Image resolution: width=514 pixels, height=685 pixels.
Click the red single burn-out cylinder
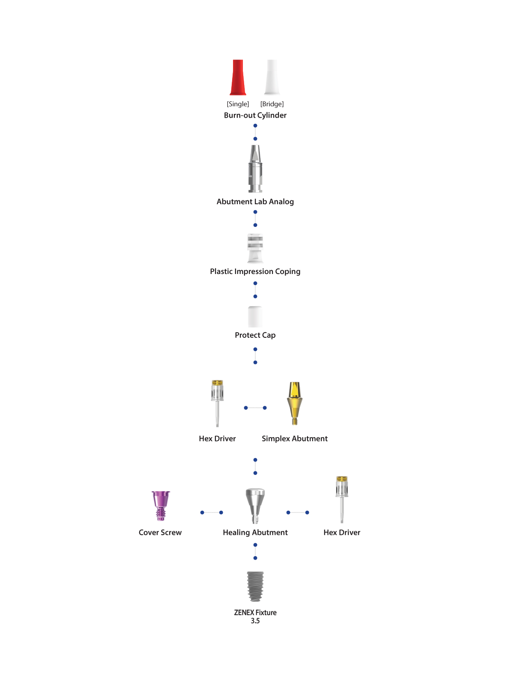238,77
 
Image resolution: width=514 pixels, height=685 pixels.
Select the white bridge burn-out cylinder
272,77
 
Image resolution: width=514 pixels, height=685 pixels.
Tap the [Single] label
238,104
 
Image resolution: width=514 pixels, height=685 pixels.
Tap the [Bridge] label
272,104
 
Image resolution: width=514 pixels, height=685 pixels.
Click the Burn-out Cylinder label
255,115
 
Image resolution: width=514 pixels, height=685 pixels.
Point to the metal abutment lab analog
255,169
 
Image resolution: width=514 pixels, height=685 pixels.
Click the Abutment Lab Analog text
255,202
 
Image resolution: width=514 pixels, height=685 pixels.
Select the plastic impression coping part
255,248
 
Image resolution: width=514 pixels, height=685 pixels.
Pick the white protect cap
255,317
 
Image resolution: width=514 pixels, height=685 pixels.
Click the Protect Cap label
255,335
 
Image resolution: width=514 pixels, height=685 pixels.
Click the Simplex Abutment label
295,438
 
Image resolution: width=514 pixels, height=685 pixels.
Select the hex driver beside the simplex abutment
217,403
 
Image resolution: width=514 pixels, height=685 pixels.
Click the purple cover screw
160,506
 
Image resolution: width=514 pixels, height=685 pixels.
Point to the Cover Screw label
160,533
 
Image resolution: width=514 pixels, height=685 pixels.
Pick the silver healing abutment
255,506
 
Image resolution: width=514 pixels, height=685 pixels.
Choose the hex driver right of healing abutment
342,499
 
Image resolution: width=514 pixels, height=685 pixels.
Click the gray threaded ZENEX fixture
255,587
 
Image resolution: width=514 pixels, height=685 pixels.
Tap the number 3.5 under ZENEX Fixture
255,621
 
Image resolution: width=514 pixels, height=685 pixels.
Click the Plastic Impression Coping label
255,271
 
